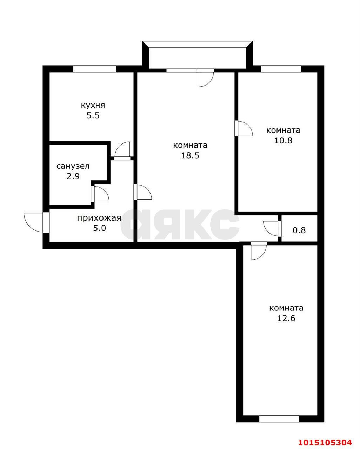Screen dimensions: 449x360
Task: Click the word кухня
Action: click(x=93, y=105)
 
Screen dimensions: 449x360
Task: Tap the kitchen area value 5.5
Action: click(x=93, y=115)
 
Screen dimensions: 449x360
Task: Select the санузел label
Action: click(x=73, y=166)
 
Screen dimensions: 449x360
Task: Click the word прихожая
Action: click(x=99, y=218)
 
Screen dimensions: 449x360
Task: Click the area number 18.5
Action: click(x=190, y=155)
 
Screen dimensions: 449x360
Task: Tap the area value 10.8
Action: click(x=284, y=140)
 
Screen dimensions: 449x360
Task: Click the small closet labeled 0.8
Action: click(x=299, y=230)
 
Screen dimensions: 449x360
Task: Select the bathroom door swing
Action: click(x=101, y=193)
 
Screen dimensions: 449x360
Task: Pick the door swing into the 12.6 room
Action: click(x=259, y=252)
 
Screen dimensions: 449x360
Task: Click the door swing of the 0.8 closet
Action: click(x=271, y=228)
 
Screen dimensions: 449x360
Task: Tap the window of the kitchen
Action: click(x=94, y=69)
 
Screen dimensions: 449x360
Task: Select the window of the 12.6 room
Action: click(x=279, y=418)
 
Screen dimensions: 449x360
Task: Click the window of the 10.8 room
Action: click(x=281, y=69)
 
